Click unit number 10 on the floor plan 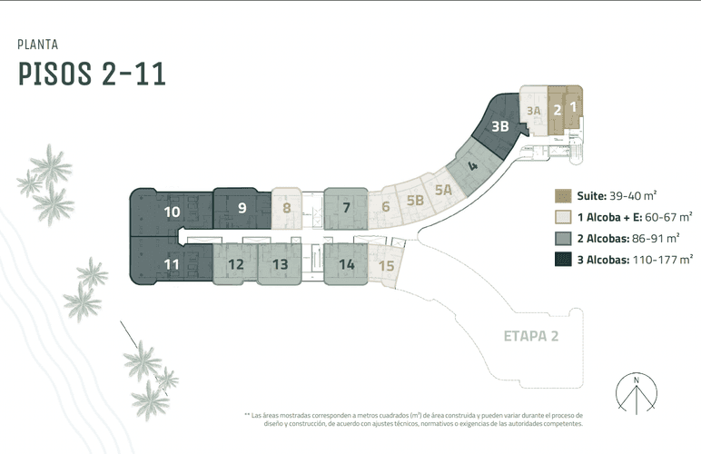(x=172, y=212)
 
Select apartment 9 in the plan (x=242, y=208)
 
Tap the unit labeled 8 (x=287, y=208)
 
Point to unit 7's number (x=346, y=207)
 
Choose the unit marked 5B (x=415, y=200)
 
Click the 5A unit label (x=443, y=190)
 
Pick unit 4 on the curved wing (x=472, y=166)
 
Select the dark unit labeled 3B (x=500, y=126)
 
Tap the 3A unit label (x=533, y=111)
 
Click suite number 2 (x=557, y=110)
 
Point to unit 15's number (x=386, y=266)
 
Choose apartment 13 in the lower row (x=281, y=264)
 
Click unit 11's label (x=172, y=264)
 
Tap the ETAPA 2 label (x=531, y=336)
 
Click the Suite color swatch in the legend (x=563, y=196)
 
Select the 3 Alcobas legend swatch (x=563, y=260)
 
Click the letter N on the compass (x=637, y=380)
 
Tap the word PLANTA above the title (x=38, y=44)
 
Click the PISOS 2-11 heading (x=92, y=74)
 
